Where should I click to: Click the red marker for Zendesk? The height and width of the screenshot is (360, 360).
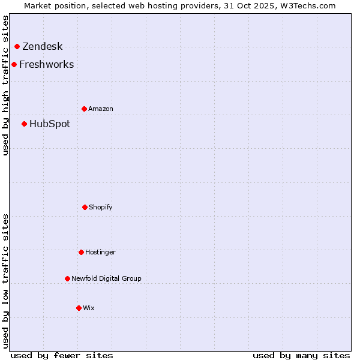tap(17, 46)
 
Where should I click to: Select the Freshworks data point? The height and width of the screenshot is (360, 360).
tap(14, 64)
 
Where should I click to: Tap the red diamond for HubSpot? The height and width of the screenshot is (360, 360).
tap(24, 124)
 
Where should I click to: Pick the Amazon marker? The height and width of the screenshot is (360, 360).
tap(84, 109)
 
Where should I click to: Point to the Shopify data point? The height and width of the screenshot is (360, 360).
tap(85, 207)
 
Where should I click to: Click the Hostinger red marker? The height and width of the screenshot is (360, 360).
tap(81, 252)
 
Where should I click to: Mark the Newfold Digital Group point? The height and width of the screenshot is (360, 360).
tap(67, 278)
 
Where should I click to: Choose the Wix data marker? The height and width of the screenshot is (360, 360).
tap(79, 308)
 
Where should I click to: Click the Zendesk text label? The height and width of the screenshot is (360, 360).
tap(42, 47)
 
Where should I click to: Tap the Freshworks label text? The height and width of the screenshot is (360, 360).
tap(46, 65)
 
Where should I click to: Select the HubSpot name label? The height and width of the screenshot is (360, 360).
tap(49, 124)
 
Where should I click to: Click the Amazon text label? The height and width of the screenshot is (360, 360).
tap(100, 109)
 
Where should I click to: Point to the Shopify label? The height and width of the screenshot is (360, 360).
tap(100, 208)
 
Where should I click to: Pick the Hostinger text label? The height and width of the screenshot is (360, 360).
tap(100, 253)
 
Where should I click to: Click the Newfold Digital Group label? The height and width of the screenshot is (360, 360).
tap(106, 279)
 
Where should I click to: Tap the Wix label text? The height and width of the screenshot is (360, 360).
tap(88, 308)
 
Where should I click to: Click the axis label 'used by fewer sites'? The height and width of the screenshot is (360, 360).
tap(62, 355)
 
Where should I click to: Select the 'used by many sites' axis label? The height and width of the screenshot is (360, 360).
tap(301, 355)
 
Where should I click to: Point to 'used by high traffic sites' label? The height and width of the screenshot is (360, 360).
tap(5, 85)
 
